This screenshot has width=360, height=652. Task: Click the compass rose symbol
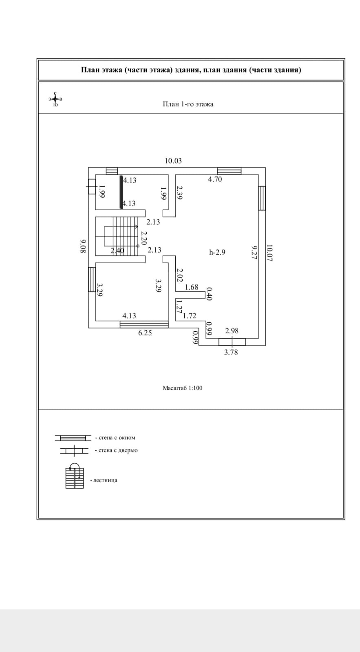[55, 99]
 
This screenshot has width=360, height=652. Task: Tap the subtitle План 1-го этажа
[188, 104]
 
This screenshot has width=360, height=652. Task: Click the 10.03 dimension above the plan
[173, 161]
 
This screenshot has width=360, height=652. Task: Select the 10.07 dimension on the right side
[269, 253]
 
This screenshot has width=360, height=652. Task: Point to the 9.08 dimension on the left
[83, 246]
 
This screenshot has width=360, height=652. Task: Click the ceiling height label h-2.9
[217, 252]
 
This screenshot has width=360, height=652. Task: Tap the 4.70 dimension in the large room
[215, 179]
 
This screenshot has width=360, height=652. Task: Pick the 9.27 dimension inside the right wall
[254, 252]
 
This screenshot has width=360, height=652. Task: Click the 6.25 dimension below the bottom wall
[145, 333]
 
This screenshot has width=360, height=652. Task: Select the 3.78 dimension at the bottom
[231, 352]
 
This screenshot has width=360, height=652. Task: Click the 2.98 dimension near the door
[232, 330]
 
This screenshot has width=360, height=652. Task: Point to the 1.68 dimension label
[192, 287]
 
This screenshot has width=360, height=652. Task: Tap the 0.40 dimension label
[209, 294]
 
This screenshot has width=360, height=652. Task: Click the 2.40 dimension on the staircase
[117, 251]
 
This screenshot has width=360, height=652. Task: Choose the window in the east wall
[262, 198]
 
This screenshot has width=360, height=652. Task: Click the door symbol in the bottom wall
[232, 342]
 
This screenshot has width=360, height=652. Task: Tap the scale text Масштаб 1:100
[183, 388]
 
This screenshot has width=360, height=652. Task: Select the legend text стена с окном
[117, 438]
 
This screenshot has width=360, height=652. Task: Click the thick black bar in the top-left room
[121, 192]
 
